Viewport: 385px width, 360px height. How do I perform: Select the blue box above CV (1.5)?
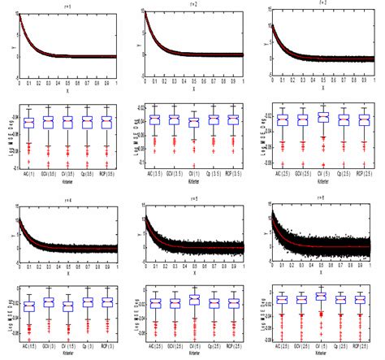pos(68,306)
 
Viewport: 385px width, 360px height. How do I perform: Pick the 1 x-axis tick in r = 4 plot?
pos(118,262)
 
